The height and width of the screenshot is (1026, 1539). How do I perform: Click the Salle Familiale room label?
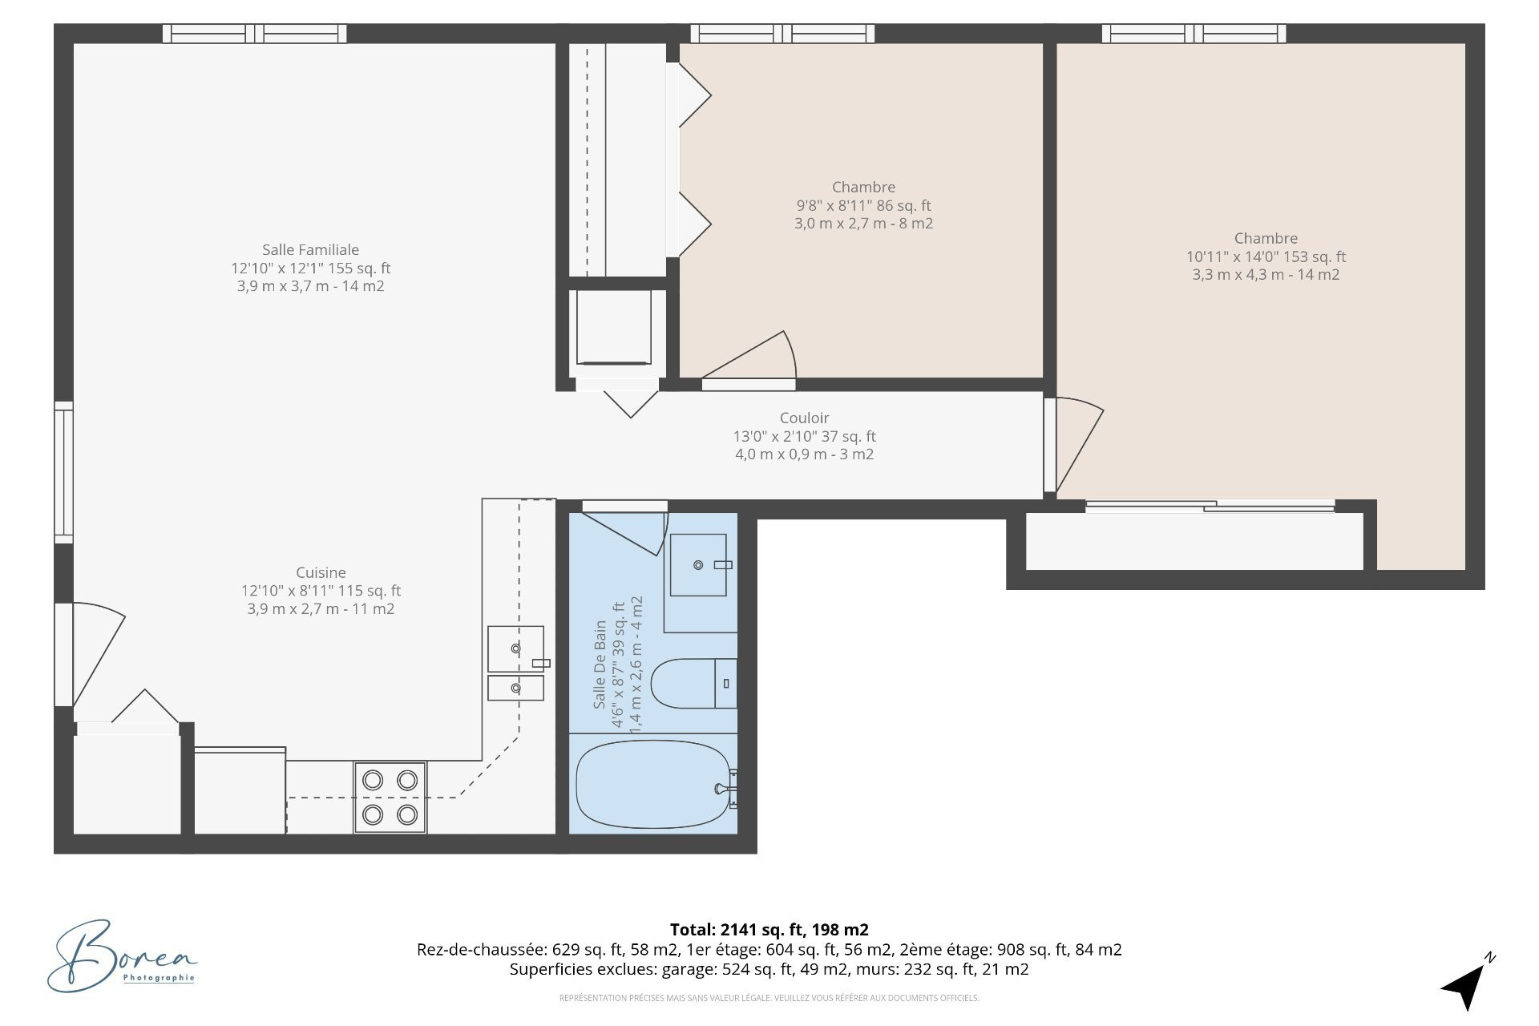(x=310, y=250)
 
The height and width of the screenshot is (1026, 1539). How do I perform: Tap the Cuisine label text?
(x=321, y=572)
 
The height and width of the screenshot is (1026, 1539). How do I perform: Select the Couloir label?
(x=804, y=418)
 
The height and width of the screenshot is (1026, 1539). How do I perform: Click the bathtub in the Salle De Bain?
(x=653, y=784)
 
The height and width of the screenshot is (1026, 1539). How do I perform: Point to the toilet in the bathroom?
(x=693, y=684)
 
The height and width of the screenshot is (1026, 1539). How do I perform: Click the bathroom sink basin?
(x=698, y=565)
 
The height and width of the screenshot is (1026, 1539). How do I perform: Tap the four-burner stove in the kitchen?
(x=390, y=798)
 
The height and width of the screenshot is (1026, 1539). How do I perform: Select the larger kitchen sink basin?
(x=515, y=648)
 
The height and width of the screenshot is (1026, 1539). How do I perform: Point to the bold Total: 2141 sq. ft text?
(x=769, y=930)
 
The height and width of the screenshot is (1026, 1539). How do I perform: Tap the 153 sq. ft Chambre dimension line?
(x=1266, y=256)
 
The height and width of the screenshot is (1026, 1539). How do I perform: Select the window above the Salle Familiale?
(x=255, y=34)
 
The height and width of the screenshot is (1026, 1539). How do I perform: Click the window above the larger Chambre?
(x=1194, y=34)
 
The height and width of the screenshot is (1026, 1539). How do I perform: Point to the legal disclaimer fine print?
(x=769, y=998)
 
